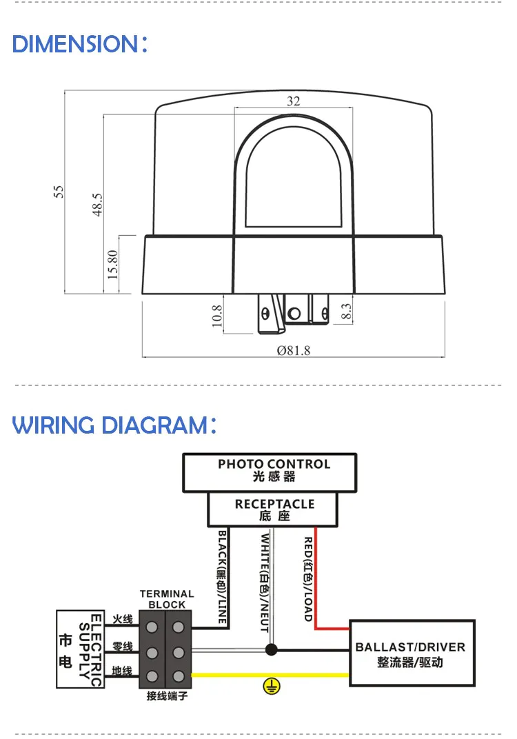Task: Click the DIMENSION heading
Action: pyautogui.click(x=80, y=44)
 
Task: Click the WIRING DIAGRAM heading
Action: pyautogui.click(x=114, y=425)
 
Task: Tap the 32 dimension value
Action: pyautogui.click(x=293, y=101)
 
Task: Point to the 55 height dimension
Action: pyautogui.click(x=58, y=192)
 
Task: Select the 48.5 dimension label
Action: pyautogui.click(x=97, y=204)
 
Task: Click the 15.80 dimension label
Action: pyautogui.click(x=112, y=265)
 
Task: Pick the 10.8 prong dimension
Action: pyautogui.click(x=216, y=315)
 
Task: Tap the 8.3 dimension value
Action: pyautogui.click(x=345, y=311)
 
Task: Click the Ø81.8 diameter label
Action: pyautogui.click(x=293, y=350)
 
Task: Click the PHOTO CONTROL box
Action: pyautogui.click(x=270, y=473)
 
